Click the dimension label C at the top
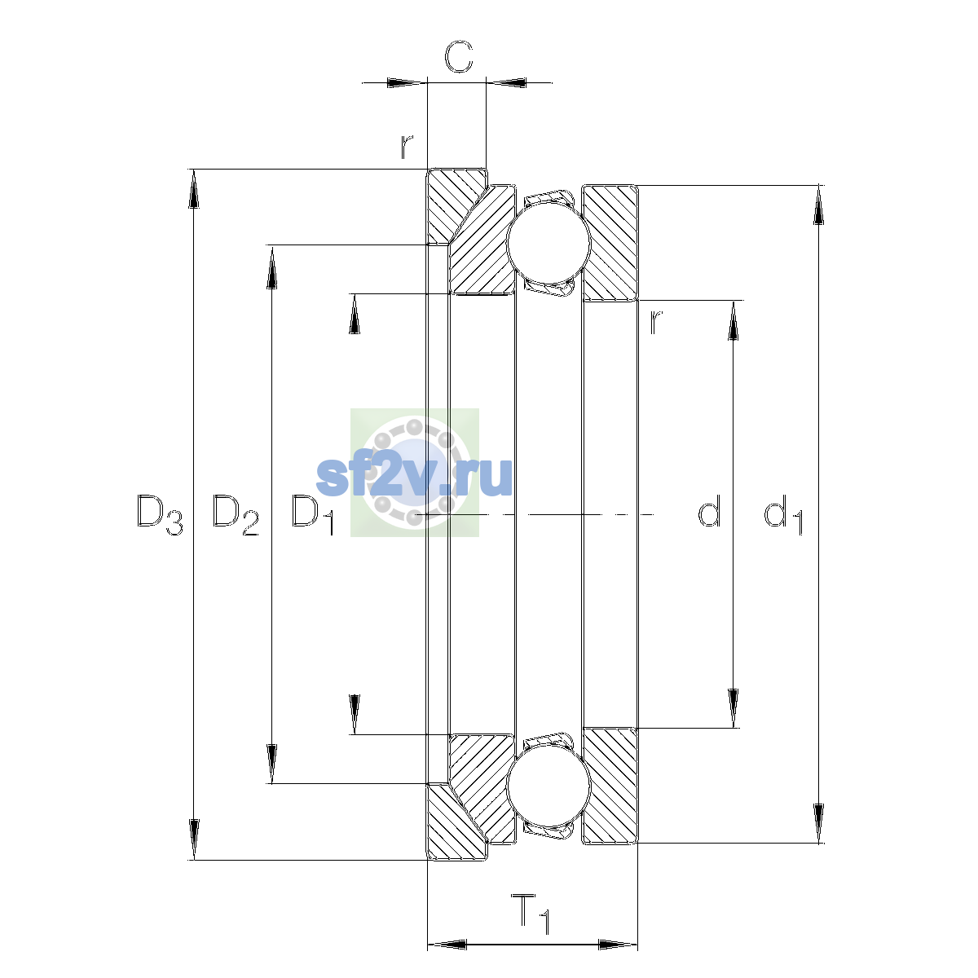[x=458, y=56]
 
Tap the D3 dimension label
[x=160, y=514]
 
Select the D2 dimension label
[x=235, y=514]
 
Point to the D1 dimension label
[x=313, y=514]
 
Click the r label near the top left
[x=406, y=147]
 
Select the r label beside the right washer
[x=656, y=322]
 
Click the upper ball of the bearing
[x=548, y=243]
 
